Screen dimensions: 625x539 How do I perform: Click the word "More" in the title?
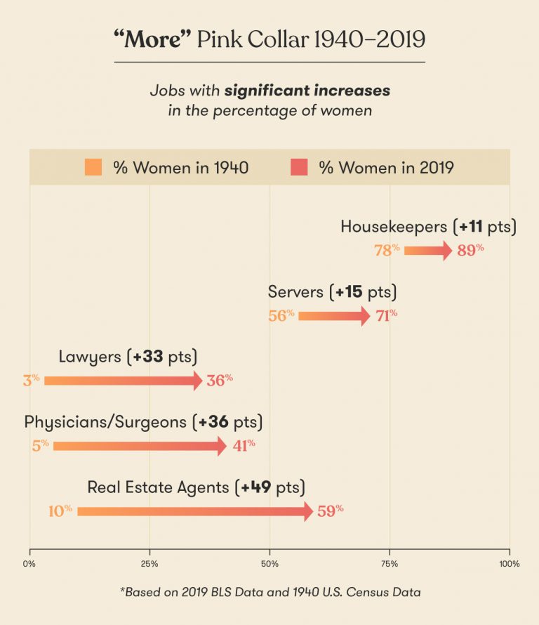153,39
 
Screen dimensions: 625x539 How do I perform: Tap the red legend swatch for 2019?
298,167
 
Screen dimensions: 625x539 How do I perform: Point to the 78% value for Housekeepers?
387,250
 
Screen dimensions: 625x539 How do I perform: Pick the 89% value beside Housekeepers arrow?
470,250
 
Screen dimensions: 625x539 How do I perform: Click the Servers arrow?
334,316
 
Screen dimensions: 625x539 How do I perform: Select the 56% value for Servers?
281,316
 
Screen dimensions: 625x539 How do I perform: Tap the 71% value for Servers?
386,315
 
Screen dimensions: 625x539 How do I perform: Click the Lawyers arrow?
123,381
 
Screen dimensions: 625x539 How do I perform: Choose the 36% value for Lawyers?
219,381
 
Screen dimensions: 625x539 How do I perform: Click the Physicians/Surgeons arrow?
140,446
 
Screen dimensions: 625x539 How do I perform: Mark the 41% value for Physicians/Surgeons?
243,446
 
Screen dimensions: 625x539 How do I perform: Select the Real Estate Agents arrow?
194,511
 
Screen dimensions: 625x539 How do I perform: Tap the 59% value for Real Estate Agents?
330,511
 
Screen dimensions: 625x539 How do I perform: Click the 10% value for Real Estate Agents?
60,511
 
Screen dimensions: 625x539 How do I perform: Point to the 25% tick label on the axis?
149,564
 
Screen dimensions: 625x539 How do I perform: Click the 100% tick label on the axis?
509,564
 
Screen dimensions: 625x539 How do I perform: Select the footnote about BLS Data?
269,592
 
